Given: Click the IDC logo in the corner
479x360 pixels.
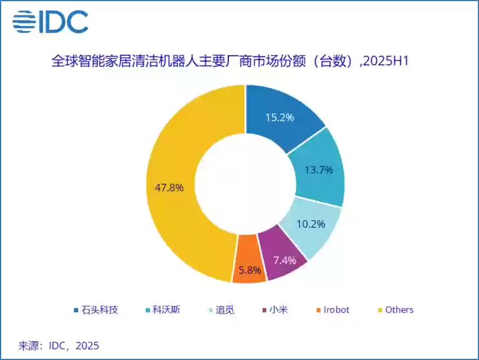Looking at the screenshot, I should (50, 22).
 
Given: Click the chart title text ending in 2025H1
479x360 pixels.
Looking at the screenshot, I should (232, 62).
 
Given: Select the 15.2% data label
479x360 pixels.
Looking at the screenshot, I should (280, 117).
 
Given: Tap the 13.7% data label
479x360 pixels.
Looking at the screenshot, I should (318, 170).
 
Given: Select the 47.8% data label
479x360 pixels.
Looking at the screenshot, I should (170, 187).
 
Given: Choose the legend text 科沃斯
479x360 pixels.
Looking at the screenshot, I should (167, 309).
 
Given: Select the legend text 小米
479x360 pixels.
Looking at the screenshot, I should (278, 309).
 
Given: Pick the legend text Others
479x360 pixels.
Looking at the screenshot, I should (399, 309).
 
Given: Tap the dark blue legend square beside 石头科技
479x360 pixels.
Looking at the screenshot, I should (77, 310).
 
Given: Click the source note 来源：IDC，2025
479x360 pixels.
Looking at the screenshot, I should (58, 345).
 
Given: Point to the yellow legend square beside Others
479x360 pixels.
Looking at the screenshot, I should (379, 310).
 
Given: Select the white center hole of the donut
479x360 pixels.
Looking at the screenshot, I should (246, 183).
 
